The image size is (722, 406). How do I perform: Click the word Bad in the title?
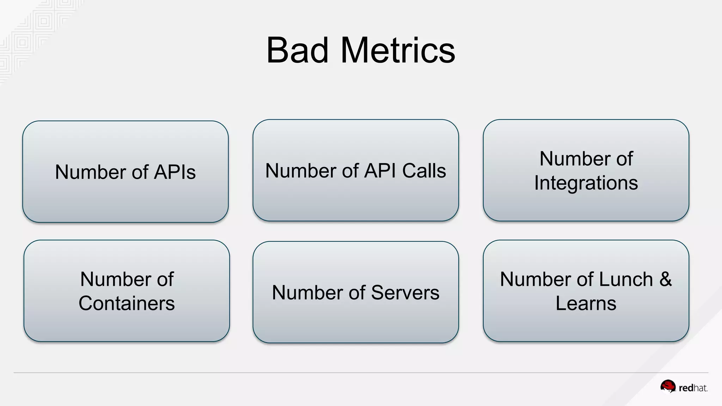[297, 50]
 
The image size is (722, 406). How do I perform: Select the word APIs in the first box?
[175, 172]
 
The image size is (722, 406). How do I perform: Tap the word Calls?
[424, 171]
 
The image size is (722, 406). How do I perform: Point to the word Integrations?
[586, 183]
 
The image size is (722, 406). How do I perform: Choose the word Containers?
[127, 303]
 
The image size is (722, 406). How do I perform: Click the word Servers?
[405, 293]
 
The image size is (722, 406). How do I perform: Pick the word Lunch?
[626, 279]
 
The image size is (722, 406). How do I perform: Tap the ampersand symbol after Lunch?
[666, 279]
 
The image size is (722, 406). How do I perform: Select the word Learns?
[586, 303]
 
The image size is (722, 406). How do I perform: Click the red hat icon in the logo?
[668, 386]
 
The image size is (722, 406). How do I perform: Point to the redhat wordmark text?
[693, 388]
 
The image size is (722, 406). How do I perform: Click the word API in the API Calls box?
[380, 171]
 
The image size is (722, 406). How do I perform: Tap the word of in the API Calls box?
[350, 171]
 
